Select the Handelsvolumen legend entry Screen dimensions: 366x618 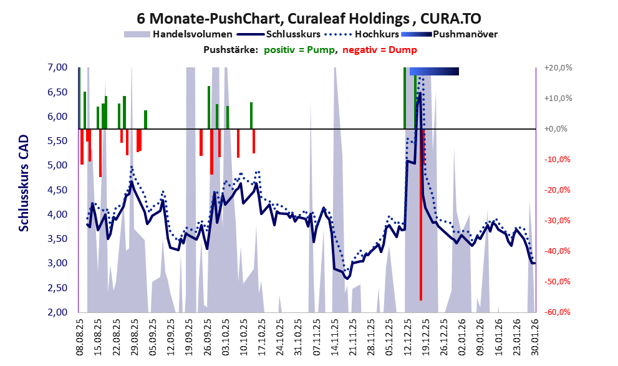point(193,34)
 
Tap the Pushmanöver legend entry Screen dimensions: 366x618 point(465,34)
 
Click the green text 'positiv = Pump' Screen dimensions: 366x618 point(299,50)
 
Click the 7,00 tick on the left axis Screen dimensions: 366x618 point(57,67)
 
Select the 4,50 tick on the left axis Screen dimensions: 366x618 point(57,190)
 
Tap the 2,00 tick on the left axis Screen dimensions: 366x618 point(57,312)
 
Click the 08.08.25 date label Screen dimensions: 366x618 point(80,337)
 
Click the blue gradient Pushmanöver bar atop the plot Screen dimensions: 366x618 point(434,71)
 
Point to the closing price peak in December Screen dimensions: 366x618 point(420,94)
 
